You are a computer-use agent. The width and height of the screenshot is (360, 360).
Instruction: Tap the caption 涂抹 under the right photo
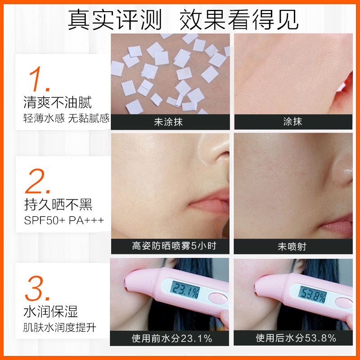point(292,121)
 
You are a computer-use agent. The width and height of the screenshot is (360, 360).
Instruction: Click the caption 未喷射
point(292,246)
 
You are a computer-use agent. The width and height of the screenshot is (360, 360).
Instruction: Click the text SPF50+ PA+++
point(64,220)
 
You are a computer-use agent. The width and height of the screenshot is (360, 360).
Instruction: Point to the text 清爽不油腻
point(58,103)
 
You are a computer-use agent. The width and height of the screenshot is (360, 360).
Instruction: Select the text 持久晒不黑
point(58,205)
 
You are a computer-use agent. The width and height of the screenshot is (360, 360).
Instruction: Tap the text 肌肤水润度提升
point(60,327)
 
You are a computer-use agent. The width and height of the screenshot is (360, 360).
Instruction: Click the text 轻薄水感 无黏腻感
point(67,118)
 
